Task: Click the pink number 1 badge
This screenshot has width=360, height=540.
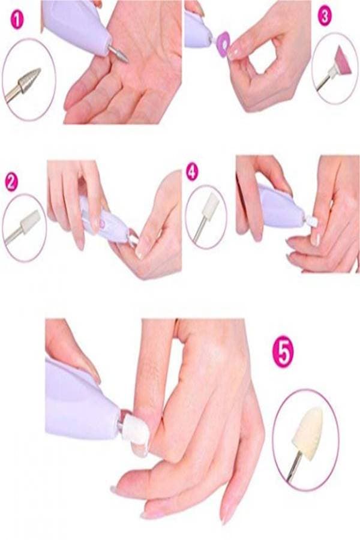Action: pos(17,20)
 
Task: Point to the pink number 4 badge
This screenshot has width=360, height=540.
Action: pos(193,172)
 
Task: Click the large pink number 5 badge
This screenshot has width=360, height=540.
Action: pos(283,352)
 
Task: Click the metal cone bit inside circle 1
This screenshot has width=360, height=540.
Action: pos(30,80)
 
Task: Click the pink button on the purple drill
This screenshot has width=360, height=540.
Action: pos(102,223)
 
